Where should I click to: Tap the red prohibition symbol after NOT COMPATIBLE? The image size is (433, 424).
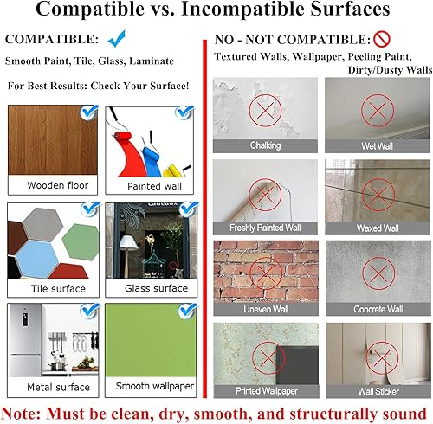point(382,40)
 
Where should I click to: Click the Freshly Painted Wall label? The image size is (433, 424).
point(266,228)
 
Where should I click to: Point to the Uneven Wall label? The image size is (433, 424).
point(266,309)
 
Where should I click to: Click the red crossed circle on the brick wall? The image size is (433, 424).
point(266,270)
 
